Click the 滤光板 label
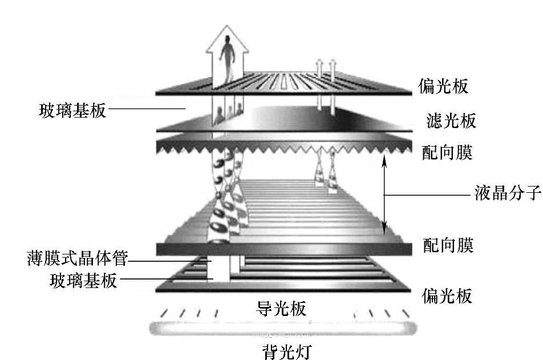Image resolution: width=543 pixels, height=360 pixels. pyautogui.click(x=451, y=120)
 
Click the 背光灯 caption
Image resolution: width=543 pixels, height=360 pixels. pyautogui.click(x=283, y=349)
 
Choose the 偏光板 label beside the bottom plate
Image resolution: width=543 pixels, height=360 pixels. pyautogui.click(x=447, y=296)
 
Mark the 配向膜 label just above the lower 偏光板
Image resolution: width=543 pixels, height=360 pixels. pyautogui.click(x=448, y=246)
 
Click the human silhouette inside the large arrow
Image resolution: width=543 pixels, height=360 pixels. pyautogui.click(x=228, y=57)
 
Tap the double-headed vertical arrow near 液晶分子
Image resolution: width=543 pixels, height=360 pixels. pyautogui.click(x=384, y=193)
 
